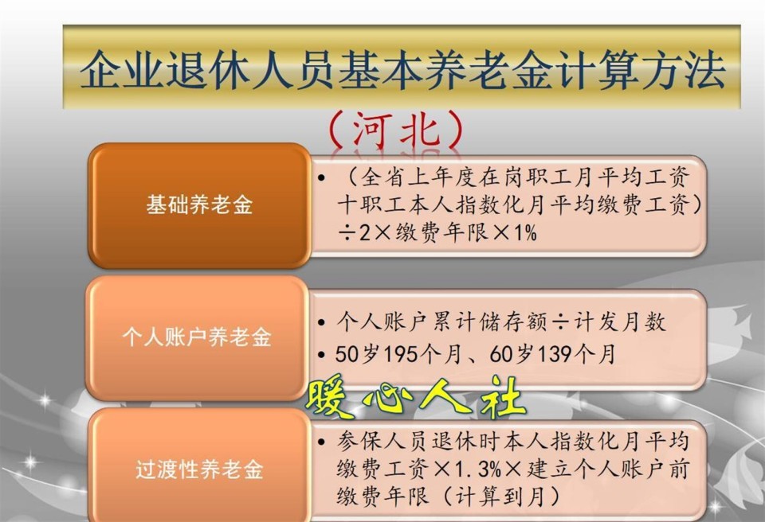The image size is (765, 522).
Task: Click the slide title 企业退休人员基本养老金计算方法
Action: click(x=402, y=69)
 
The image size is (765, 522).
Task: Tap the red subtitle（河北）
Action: click(x=396, y=130)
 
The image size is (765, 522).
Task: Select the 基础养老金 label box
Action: click(x=199, y=205)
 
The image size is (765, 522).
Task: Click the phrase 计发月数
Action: click(x=618, y=322)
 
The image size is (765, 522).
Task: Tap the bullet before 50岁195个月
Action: click(x=320, y=355)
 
